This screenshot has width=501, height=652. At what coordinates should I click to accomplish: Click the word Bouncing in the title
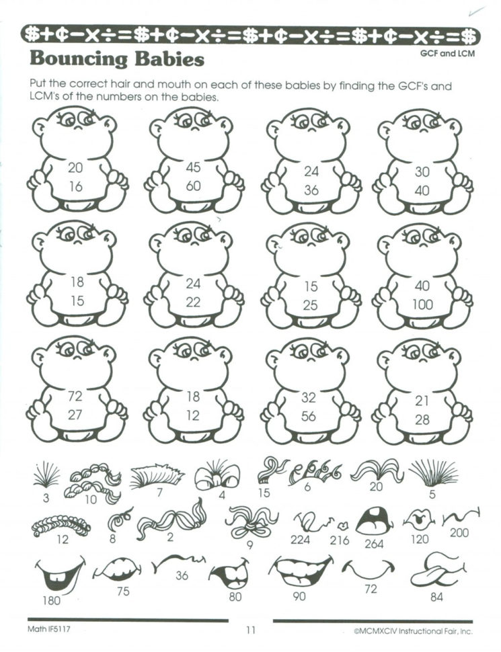79,58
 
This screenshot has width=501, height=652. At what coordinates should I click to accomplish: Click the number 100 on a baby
422,304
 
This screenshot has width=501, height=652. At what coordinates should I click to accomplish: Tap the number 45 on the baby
194,167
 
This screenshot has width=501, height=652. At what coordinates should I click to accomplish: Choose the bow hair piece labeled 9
250,522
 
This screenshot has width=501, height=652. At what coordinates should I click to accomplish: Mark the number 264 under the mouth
374,544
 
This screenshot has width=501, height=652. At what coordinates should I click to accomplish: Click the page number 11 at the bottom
250,630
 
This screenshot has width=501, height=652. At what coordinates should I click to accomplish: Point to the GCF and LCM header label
447,54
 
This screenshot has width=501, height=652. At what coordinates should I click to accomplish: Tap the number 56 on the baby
309,416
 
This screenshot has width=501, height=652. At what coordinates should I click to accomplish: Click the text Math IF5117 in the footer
48,628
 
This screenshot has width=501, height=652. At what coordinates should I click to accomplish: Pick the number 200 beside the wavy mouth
459,532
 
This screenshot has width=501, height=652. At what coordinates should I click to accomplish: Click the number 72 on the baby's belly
75,396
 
